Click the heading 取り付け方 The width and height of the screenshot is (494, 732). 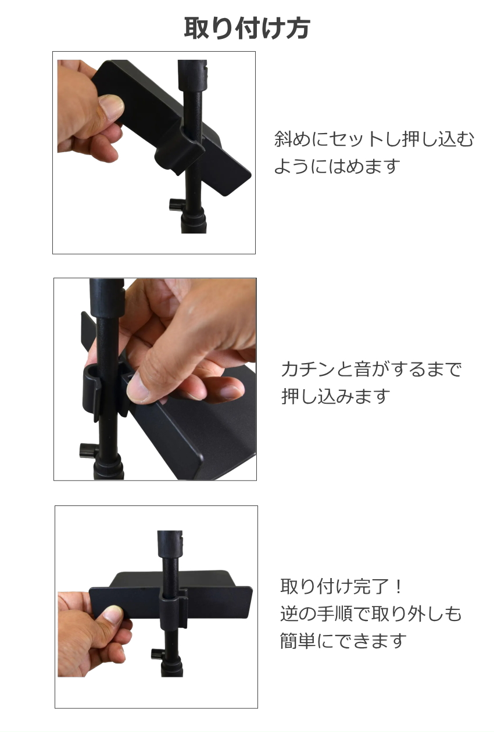247,29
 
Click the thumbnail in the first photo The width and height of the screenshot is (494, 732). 111,106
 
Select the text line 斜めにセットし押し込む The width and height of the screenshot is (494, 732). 374,139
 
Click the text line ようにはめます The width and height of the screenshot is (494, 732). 337,166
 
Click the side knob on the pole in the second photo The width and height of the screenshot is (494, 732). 88,451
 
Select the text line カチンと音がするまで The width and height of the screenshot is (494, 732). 371,369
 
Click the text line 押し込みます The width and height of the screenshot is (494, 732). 336,396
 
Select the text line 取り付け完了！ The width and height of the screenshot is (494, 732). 341,587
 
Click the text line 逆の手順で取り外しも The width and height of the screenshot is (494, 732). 371,613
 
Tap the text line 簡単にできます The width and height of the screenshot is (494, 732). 343,640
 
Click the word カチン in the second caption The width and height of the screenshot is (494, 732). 307,369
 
